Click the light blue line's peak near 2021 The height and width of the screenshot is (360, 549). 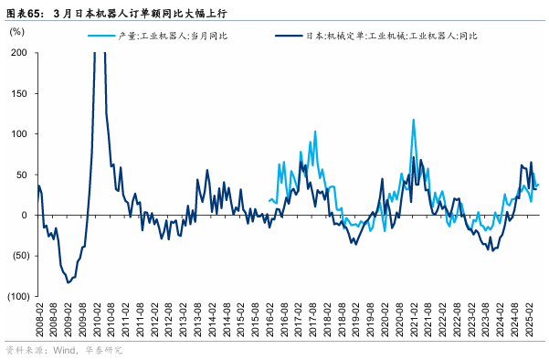coord(414,120)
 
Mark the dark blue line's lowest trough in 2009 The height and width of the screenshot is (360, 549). coord(68,283)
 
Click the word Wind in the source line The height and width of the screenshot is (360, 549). coord(66,350)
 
